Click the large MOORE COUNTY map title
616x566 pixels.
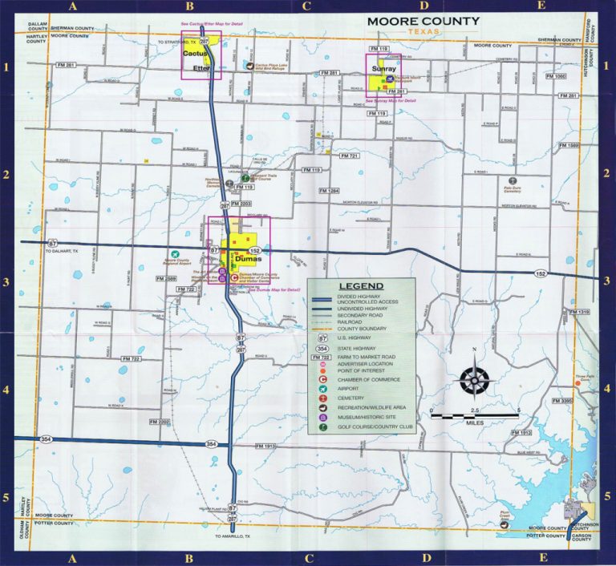point(423,21)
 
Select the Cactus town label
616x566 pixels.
point(197,53)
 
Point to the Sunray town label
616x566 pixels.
point(384,70)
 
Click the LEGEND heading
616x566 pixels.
point(361,286)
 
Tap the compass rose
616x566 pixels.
point(474,378)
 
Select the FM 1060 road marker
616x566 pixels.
point(555,76)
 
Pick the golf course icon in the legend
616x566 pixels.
point(322,428)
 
